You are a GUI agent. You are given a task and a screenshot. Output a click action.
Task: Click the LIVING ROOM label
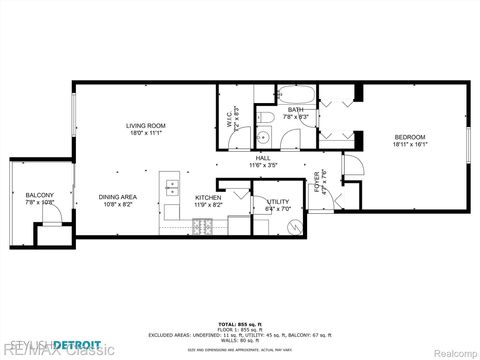(144, 125)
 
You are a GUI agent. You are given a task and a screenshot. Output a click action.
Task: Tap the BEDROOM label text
(409, 137)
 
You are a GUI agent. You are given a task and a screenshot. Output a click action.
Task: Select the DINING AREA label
(116, 197)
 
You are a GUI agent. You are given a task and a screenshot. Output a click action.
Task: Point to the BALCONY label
(40, 195)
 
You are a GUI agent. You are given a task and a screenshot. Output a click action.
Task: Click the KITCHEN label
(207, 197)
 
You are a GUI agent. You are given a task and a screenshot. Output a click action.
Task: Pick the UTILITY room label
(277, 202)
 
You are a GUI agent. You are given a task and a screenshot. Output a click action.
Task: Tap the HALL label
(263, 157)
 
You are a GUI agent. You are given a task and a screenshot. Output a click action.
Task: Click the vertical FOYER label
(317, 182)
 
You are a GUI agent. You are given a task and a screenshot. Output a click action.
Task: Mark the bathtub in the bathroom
(296, 97)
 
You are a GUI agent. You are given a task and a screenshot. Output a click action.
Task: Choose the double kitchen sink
(171, 185)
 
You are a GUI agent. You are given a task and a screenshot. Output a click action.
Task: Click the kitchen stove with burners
(207, 225)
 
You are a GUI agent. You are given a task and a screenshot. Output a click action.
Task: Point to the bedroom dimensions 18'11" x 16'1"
(409, 144)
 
